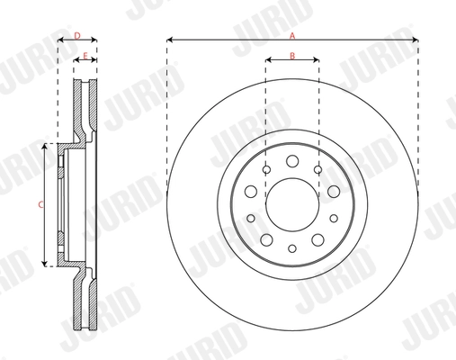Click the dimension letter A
coord(292,34)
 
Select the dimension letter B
coord(292,56)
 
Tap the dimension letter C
coord(40,204)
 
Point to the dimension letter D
coord(76,35)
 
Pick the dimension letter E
coord(85,56)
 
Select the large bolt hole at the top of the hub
coord(292,161)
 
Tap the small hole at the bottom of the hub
coord(292,248)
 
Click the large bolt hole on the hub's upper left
coord(252,191)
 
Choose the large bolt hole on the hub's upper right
coord(333,191)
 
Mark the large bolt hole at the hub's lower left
coord(267,238)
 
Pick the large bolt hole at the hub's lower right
coord(317,238)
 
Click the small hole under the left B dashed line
coord(267,169)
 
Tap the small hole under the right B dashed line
coord(317,169)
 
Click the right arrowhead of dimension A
coord(416,40)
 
